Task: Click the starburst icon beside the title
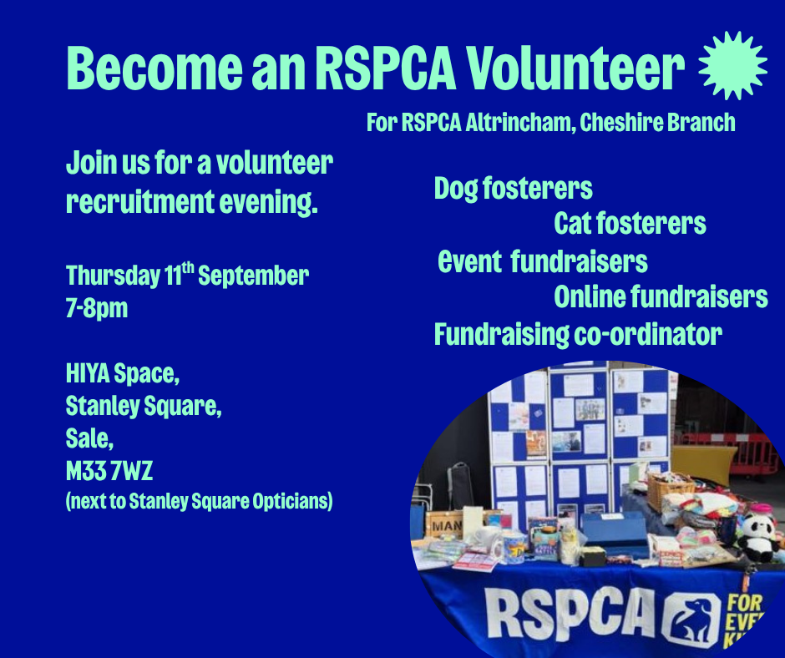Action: pos(732,65)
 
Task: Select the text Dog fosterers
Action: pos(513,189)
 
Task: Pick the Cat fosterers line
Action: pos(630,223)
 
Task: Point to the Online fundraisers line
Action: pos(661,297)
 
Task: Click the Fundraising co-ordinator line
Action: pos(578,335)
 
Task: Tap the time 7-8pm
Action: pos(97,308)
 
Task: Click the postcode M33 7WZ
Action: pos(109,471)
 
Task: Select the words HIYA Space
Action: pos(123,373)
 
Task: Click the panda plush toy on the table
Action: pos(757,539)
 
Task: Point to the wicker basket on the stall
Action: pos(670,488)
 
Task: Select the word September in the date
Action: pos(253,276)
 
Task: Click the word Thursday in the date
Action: pos(113,276)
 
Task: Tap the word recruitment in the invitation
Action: pos(140,201)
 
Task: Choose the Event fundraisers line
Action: pos(542,262)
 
